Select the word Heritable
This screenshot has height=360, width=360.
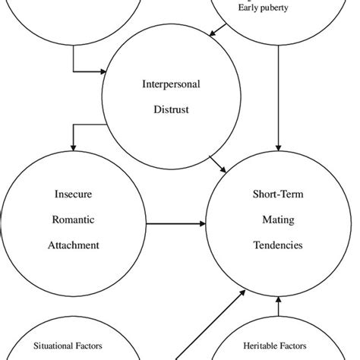coord(264,346)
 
